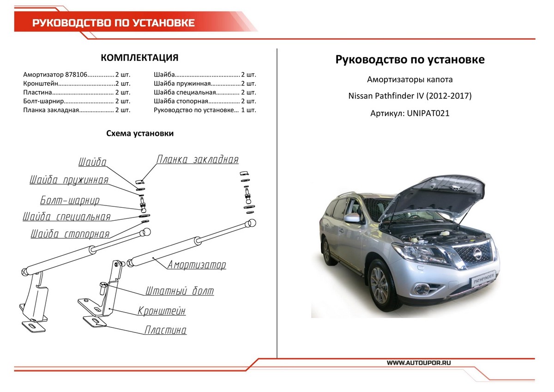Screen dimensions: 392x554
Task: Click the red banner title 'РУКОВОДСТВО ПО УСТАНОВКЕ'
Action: point(113,23)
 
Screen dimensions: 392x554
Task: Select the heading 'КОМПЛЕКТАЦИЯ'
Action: point(139,58)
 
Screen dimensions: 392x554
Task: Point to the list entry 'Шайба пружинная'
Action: point(182,84)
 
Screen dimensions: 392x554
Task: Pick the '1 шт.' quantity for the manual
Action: point(248,110)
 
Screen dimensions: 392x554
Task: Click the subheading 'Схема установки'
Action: point(140,133)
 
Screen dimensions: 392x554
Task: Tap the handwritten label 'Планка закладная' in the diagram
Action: point(198,160)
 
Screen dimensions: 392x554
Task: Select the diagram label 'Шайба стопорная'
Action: point(70,234)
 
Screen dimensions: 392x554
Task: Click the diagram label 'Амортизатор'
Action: point(197,265)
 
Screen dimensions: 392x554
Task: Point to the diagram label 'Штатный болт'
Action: point(180,291)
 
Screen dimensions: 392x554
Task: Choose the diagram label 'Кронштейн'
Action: point(162,311)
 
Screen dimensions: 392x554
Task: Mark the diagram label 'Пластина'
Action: point(165,331)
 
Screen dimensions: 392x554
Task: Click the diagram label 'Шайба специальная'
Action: point(67,217)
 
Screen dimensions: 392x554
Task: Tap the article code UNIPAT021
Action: point(428,113)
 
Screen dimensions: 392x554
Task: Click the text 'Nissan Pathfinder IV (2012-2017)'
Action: point(410,96)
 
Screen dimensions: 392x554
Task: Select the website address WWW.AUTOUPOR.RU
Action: point(419,362)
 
